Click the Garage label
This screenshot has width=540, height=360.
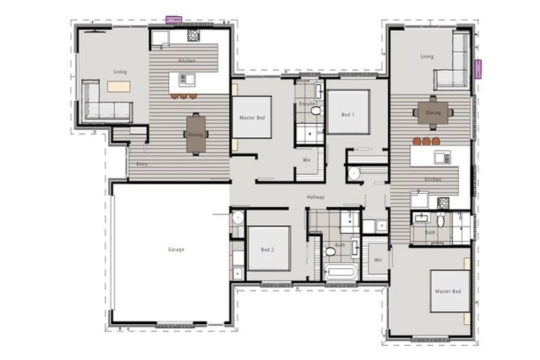[176, 249]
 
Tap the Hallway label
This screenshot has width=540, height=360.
[315, 198]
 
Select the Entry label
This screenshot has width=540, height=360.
[142, 164]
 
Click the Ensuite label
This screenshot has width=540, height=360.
[306, 104]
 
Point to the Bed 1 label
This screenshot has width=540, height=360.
[348, 113]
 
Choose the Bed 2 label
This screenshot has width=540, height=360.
[268, 250]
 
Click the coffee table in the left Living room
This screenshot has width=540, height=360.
[118, 86]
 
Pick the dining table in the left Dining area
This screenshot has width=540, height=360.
[196, 134]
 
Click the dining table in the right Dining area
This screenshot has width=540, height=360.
[432, 112]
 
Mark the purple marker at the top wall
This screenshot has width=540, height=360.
[173, 20]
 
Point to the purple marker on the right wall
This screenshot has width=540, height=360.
[478, 69]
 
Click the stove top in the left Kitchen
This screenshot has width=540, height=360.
[193, 35]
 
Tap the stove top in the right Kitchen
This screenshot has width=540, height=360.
[443, 202]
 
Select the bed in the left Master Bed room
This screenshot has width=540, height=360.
[252, 117]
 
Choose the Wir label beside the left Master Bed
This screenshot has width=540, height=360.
[307, 160]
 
